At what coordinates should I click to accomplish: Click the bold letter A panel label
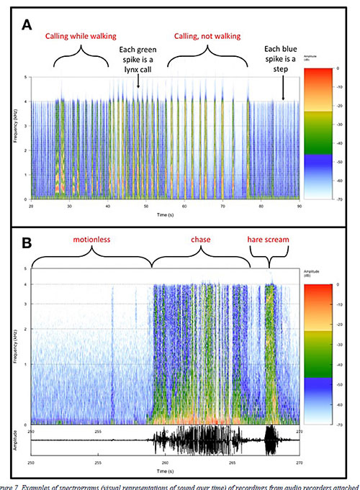28,25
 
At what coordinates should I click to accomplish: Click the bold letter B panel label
27,243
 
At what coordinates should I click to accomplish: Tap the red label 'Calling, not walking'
208,35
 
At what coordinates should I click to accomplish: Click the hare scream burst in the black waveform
271,440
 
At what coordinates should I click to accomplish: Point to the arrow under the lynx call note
138,81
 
